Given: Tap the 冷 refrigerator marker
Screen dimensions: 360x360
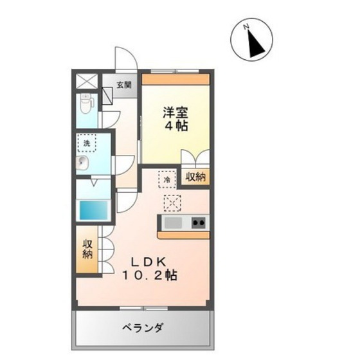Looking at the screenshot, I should tap(167, 180).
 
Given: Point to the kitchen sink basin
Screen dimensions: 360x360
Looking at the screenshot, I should tap(174, 224).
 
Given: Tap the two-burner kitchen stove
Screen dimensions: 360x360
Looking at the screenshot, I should tap(199, 224).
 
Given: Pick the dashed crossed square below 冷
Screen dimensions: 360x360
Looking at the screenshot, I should tap(173, 203).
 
